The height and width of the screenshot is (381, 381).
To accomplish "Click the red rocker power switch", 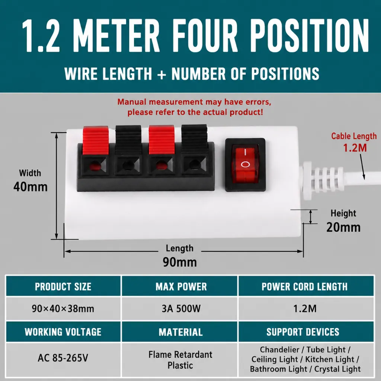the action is tap(245, 164).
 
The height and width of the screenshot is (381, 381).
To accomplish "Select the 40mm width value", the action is tap(31, 187).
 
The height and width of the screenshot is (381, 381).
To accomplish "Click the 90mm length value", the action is tap(180, 262).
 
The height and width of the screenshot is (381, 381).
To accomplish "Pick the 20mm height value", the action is tap(343, 227).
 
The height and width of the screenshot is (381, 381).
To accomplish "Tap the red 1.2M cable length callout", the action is tap(355, 148).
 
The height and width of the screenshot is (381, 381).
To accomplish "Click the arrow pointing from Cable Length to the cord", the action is tap(362, 167).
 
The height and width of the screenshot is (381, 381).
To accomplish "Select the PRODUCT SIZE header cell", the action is tap(63, 286).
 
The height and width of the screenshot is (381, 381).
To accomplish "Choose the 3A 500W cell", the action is tap(181, 308).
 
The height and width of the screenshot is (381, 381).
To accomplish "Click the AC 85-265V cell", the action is tap(63, 358).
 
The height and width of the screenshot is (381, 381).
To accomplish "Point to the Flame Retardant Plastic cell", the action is tap(180, 360).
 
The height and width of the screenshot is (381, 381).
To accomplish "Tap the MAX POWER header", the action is tap(181, 287).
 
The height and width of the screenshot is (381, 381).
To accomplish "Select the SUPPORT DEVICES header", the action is tap(303, 332).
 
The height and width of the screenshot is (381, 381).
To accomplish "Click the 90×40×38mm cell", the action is tap(63, 308).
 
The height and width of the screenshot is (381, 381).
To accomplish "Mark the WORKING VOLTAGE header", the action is tap(63, 332).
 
